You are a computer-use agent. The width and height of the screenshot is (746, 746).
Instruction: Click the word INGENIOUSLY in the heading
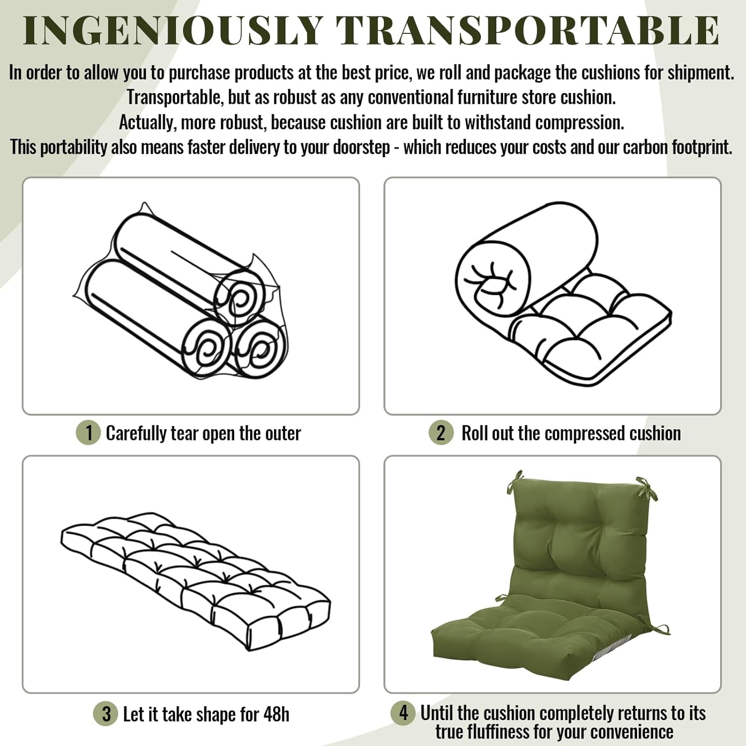tap(173, 30)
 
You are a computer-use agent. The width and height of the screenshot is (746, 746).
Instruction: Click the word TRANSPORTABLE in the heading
tap(528, 30)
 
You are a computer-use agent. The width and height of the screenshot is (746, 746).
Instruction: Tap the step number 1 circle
tap(89, 433)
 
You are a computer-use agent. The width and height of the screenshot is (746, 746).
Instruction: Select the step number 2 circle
tap(441, 433)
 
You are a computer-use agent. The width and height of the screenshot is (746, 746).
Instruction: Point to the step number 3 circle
tap(105, 714)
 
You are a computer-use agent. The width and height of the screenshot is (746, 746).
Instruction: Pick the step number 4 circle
tap(403, 713)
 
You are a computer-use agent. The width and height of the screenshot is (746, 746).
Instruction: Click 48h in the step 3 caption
tap(276, 714)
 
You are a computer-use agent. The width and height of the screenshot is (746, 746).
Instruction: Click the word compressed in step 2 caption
tap(582, 433)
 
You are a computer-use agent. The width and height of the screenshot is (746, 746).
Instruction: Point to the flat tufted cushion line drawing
tap(195, 580)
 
